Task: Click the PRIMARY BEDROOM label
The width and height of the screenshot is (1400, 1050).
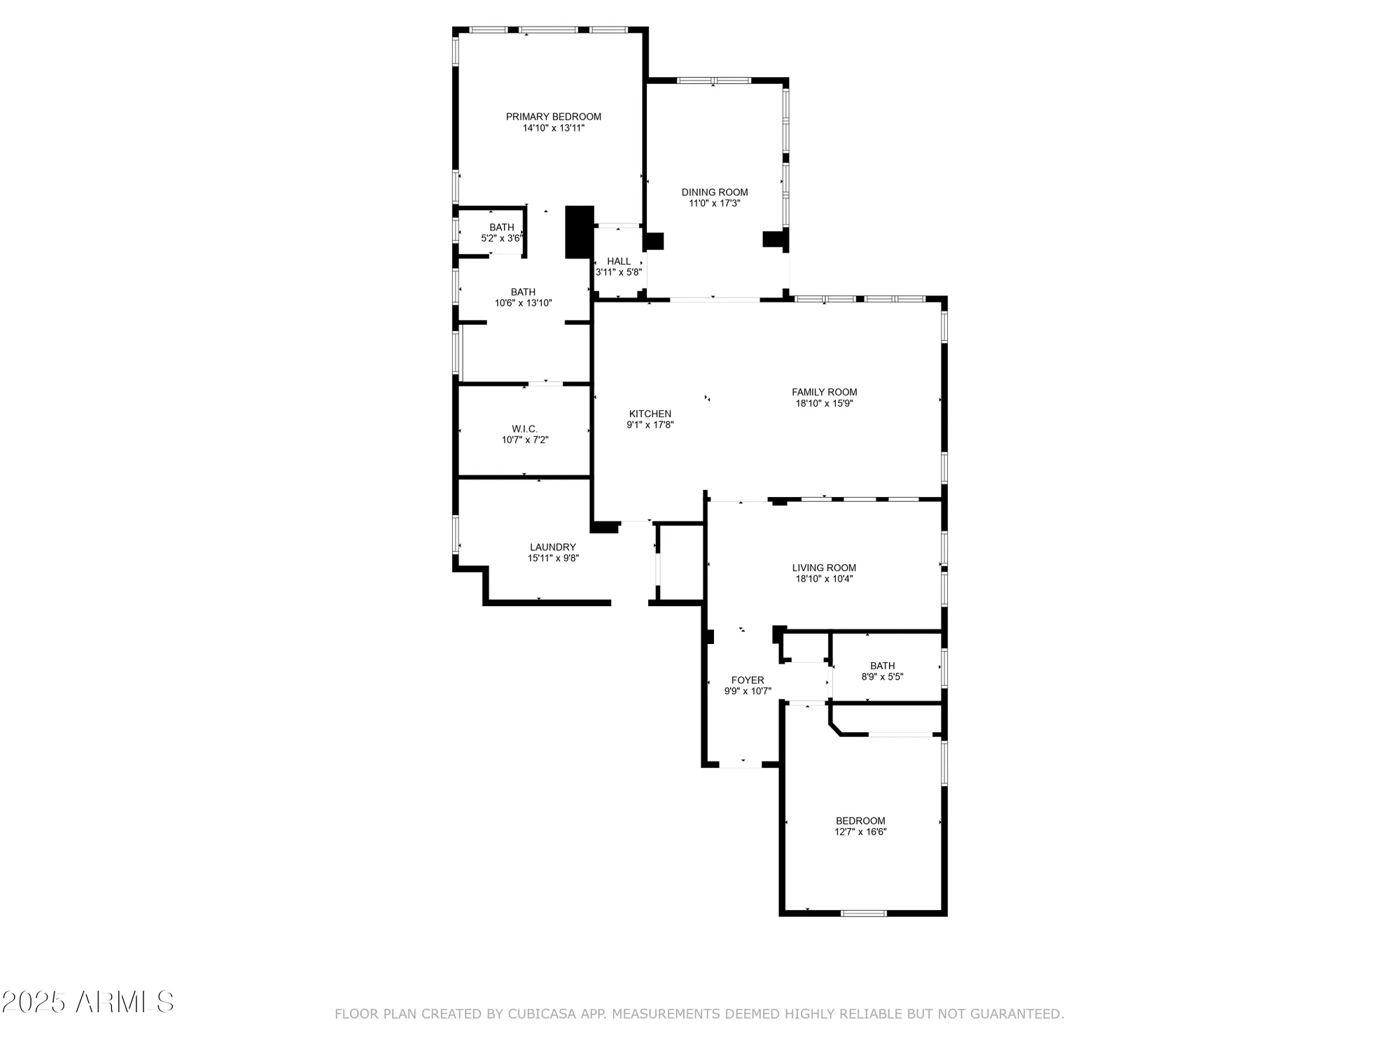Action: pyautogui.click(x=553, y=117)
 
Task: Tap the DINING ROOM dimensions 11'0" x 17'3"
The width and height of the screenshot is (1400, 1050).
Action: pyautogui.click(x=714, y=204)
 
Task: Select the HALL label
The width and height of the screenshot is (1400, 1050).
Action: pyautogui.click(x=619, y=261)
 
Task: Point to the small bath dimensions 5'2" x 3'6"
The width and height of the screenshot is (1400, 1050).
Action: pyautogui.click(x=501, y=239)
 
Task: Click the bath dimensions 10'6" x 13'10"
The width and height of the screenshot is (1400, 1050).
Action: pyautogui.click(x=523, y=303)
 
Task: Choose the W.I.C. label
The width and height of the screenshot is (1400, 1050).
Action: pyautogui.click(x=524, y=428)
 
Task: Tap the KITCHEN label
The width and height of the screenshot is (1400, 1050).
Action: pyautogui.click(x=650, y=414)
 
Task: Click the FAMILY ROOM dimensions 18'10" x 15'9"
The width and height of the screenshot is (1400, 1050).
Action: pyautogui.click(x=824, y=403)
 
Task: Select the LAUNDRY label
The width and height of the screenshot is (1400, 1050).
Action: pyautogui.click(x=552, y=547)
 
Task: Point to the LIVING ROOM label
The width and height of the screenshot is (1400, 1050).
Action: pyautogui.click(x=824, y=568)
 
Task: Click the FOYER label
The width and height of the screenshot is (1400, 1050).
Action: pyautogui.click(x=747, y=680)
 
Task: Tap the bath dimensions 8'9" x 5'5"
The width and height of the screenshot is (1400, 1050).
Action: pyautogui.click(x=882, y=677)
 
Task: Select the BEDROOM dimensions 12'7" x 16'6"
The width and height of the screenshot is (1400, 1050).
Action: pyautogui.click(x=860, y=832)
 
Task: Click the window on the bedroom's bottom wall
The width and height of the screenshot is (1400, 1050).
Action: pyautogui.click(x=863, y=913)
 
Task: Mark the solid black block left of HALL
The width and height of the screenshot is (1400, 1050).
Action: pyautogui.click(x=579, y=232)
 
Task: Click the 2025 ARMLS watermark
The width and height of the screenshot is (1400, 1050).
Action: pyautogui.click(x=87, y=1002)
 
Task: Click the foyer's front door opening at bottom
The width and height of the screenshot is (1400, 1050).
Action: pyautogui.click(x=741, y=765)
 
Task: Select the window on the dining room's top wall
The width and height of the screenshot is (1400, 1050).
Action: pyautogui.click(x=713, y=80)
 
